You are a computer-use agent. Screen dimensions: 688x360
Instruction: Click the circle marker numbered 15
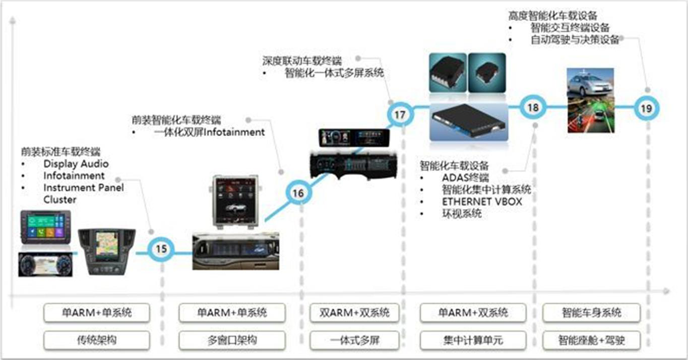[161, 249]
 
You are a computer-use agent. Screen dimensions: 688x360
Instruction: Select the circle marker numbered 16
[298, 193]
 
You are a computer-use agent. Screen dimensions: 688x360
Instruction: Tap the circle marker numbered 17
[400, 115]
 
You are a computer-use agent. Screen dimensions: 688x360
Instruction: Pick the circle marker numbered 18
[533, 107]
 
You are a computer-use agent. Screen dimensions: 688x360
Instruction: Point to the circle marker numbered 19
[647, 108]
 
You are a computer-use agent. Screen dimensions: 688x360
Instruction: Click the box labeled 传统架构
[97, 340]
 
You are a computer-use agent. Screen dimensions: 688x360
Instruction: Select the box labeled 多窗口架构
[232, 340]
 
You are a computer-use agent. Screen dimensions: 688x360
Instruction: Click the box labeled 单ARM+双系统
[473, 313]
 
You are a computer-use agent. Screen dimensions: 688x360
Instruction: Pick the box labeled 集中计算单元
[473, 340]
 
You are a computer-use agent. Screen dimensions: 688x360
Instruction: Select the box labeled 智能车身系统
[592, 313]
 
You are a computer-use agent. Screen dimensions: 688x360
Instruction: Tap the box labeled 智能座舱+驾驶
[592, 340]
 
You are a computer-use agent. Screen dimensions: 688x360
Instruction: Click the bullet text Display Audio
[76, 164]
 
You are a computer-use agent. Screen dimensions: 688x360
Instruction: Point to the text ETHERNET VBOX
[482, 202]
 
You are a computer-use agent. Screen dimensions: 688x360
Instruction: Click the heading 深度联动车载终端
[301, 61]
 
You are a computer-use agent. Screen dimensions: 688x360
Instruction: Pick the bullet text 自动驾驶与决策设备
[575, 40]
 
